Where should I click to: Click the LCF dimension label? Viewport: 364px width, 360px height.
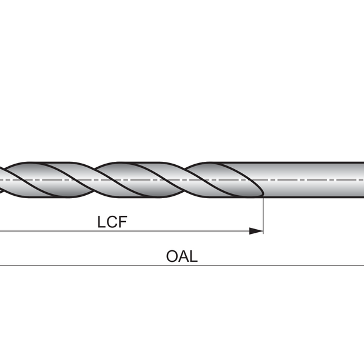[112, 222]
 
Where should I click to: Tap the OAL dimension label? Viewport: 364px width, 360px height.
[182, 256]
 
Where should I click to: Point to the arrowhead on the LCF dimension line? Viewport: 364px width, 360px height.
[258, 231]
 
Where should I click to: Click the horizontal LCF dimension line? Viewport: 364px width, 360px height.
[121, 231]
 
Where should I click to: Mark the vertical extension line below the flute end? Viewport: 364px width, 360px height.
[263, 212]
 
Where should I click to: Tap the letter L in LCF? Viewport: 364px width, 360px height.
[101, 222]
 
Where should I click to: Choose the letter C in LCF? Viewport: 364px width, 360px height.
[112, 222]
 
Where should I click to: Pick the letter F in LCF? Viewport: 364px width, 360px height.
[123, 222]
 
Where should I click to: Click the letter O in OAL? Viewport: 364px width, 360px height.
[172, 256]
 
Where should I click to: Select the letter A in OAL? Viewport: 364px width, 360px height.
[183, 256]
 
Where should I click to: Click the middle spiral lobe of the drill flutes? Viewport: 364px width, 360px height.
[136, 180]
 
